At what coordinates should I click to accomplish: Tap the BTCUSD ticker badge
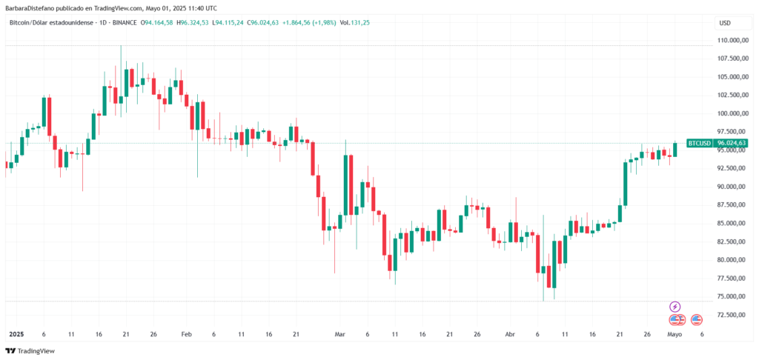[x=699, y=143]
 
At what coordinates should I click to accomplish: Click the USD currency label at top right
[x=724, y=23]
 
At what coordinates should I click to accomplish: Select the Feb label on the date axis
[x=186, y=334]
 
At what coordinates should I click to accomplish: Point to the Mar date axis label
[x=340, y=334]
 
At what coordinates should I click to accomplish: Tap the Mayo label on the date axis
[x=675, y=334]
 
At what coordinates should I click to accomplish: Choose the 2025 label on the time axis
[x=16, y=334]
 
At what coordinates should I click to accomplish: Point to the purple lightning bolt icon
[x=675, y=307]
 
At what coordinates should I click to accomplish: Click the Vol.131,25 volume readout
[x=354, y=23]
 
